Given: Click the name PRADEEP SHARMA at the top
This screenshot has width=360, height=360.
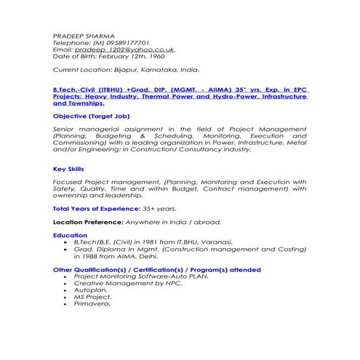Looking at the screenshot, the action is (84, 35).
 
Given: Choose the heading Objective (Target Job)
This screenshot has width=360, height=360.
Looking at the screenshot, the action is (92, 116).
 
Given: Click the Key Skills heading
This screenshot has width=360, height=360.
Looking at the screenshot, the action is (68, 169).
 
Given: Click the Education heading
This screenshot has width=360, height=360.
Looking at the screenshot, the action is (70, 235).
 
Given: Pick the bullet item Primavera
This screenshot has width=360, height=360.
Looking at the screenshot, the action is (92, 303).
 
